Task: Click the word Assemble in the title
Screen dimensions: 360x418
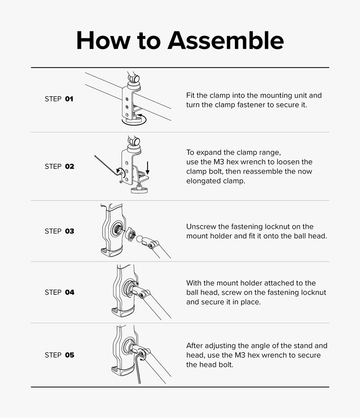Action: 225,40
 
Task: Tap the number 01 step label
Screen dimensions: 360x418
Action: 69,99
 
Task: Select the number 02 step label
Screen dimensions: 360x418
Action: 70,166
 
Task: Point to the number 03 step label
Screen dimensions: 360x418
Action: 70,231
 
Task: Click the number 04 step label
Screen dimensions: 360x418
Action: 70,292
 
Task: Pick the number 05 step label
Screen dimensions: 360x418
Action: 70,355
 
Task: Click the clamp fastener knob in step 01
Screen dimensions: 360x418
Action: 134,120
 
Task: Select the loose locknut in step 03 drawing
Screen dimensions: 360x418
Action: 131,235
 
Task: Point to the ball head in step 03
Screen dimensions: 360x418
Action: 140,238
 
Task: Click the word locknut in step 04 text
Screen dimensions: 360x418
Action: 314,293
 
